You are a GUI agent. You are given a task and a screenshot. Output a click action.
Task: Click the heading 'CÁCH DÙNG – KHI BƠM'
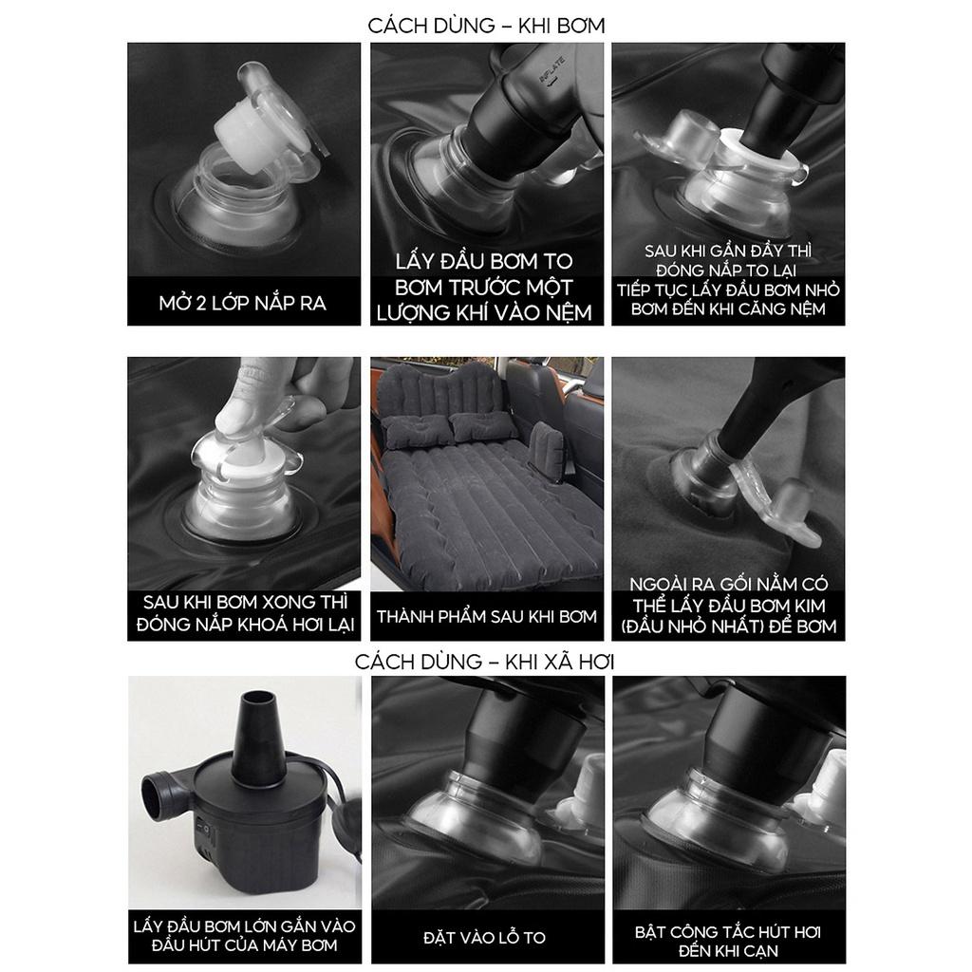pos(486,26)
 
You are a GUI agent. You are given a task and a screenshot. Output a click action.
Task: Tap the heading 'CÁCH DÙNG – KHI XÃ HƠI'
pos(485,662)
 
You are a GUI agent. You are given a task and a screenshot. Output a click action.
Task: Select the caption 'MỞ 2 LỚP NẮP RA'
pos(243,303)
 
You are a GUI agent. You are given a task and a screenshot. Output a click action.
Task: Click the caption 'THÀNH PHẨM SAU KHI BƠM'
pos(487,617)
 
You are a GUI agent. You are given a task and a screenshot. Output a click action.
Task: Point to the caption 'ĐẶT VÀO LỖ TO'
pos(484,937)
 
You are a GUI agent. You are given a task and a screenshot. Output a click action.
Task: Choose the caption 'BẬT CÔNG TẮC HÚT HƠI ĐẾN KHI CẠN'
pos(728,941)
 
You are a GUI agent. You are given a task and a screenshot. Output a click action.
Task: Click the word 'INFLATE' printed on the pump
pos(551,70)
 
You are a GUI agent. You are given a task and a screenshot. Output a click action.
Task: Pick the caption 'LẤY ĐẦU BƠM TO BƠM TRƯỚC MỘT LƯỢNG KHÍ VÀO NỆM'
pos(484,287)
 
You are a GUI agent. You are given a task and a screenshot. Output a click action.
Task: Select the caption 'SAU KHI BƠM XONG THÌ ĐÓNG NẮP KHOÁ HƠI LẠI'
pos(246,613)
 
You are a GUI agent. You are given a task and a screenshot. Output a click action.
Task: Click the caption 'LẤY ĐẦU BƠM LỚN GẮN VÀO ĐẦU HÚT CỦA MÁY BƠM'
pos(244,935)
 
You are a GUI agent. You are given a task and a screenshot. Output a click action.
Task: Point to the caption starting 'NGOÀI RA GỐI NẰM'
pos(728,605)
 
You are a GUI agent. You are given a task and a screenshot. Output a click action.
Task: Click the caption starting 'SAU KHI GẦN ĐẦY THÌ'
pos(728,280)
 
